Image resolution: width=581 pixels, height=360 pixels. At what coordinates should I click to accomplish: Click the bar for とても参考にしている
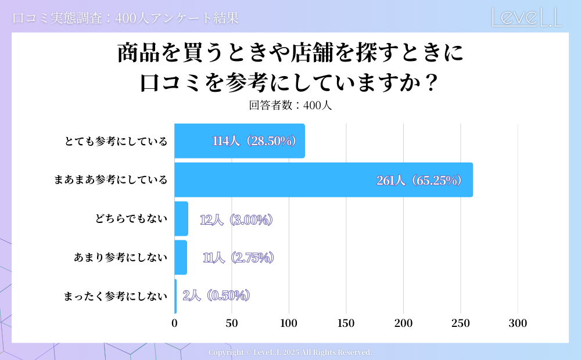[239, 141]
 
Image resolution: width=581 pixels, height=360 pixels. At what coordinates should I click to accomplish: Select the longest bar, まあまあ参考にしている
[323, 180]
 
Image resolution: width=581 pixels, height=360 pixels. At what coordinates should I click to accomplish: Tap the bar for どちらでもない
[181, 219]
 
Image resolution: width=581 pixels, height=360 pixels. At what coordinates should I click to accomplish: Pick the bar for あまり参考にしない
[181, 257]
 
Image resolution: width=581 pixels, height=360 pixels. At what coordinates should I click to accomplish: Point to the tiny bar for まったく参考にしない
[175, 296]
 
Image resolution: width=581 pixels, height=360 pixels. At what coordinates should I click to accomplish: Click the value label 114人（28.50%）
[254, 141]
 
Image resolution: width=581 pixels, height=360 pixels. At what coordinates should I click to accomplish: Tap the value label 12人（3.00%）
[236, 219]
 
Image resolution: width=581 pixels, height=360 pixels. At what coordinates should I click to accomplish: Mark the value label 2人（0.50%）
[216, 296]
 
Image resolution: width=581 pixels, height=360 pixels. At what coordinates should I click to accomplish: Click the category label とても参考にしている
[116, 141]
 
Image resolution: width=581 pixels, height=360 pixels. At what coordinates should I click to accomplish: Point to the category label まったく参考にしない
[115, 296]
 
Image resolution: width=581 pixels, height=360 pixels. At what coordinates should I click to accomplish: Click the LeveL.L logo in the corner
[526, 17]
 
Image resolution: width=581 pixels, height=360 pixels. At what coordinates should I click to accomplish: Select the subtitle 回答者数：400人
[290, 106]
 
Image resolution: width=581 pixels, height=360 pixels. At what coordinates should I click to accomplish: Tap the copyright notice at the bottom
[290, 352]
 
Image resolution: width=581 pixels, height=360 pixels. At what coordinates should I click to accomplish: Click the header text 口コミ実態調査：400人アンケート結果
[125, 18]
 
